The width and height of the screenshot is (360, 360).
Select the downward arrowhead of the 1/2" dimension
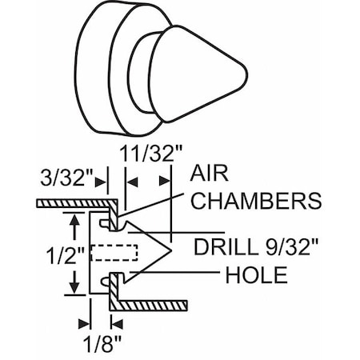coord(74,286)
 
